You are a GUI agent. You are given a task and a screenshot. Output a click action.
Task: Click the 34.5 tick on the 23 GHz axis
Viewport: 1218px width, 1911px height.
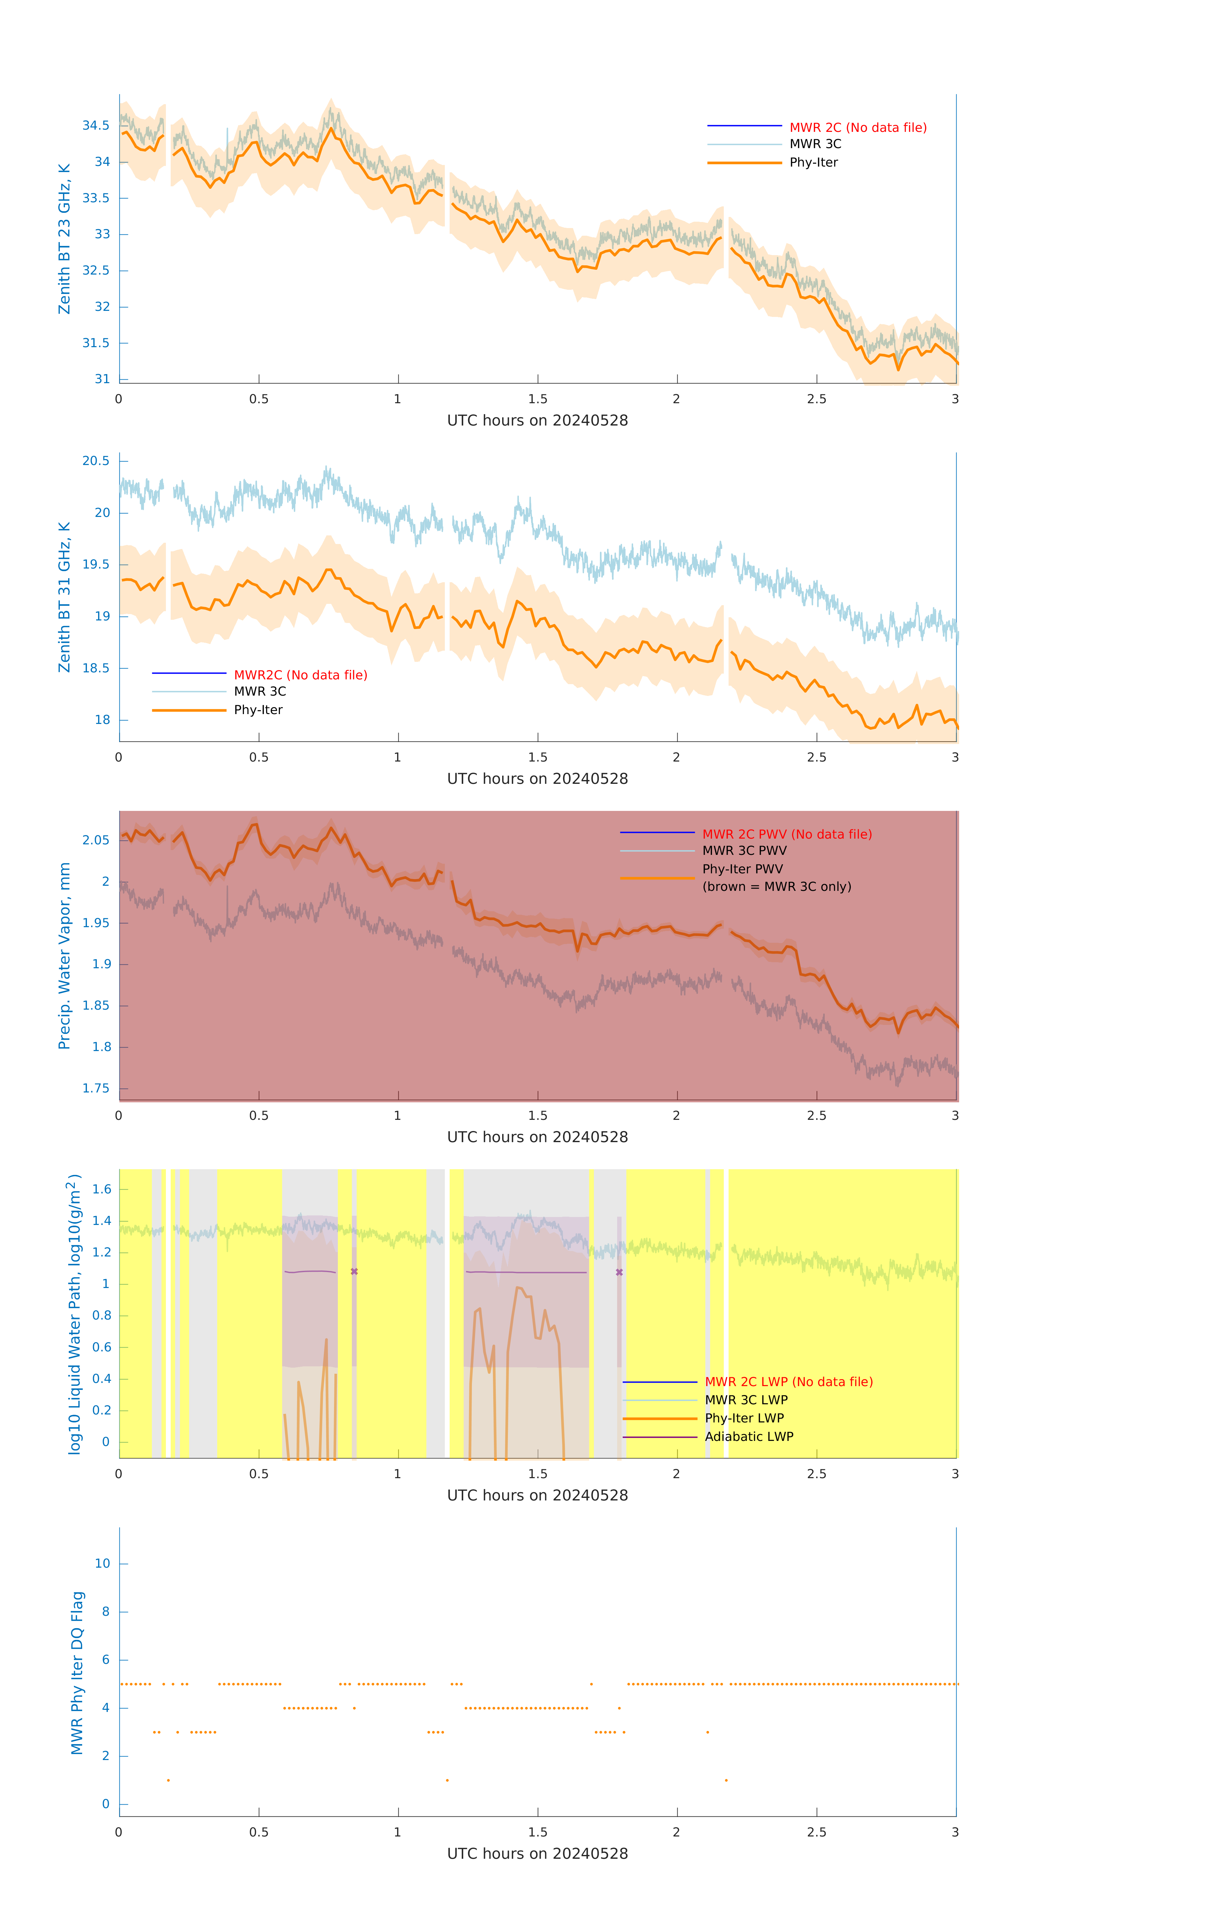click(x=96, y=125)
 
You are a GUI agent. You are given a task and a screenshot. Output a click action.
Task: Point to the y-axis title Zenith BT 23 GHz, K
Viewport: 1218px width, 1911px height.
click(x=64, y=239)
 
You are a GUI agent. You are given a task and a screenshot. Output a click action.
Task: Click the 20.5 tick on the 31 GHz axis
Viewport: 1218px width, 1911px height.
click(x=96, y=461)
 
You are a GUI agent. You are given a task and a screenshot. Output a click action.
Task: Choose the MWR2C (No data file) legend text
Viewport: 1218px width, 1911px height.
click(x=300, y=675)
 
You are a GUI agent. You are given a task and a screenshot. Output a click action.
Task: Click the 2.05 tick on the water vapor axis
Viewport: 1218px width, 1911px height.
click(x=96, y=841)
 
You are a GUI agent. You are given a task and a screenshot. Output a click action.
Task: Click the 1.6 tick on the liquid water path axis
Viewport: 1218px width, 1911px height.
click(x=102, y=1189)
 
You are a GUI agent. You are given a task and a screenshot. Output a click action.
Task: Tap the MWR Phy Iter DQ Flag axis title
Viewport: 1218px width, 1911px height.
click(x=77, y=1672)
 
